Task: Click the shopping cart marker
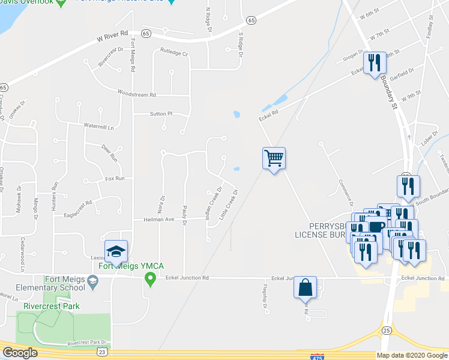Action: point(274,159)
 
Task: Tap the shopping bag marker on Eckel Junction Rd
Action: point(305,287)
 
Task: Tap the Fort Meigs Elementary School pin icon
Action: point(92,280)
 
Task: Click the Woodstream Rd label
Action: point(137,94)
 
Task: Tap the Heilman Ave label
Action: point(158,220)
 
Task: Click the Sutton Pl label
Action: point(161,113)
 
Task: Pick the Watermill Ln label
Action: point(99,126)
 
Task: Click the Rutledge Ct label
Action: point(174,53)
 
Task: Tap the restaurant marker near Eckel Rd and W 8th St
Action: point(374,63)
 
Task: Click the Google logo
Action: point(20,353)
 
